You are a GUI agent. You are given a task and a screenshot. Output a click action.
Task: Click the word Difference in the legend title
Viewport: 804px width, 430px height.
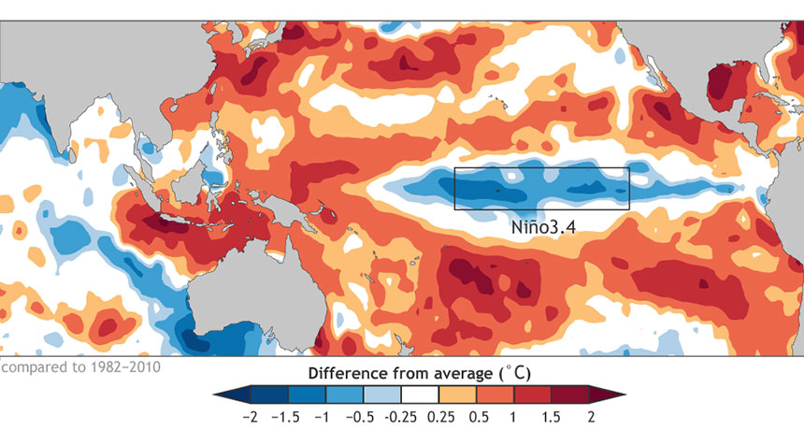(344, 373)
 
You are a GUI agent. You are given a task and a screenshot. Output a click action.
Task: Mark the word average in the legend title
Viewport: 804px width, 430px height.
(459, 373)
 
